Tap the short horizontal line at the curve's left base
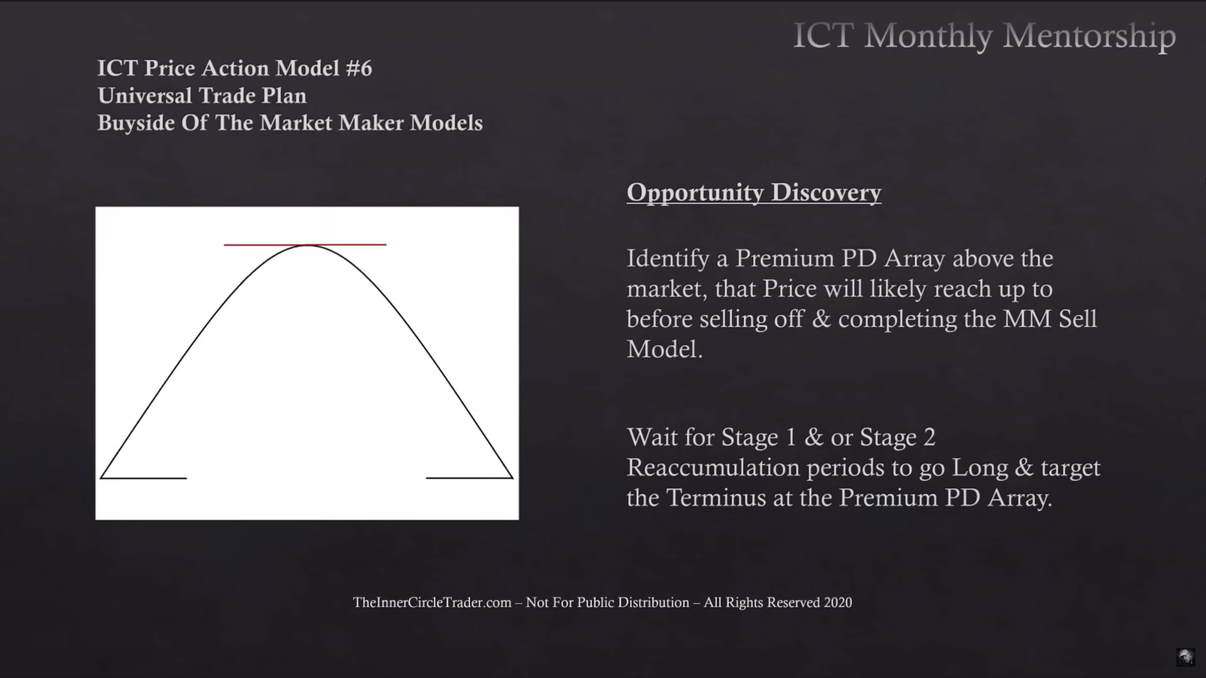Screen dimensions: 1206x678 [x=143, y=478]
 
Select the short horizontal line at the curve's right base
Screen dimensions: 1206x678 [x=469, y=478]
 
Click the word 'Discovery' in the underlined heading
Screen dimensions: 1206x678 [x=826, y=193]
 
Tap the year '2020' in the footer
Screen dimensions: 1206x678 [x=838, y=602]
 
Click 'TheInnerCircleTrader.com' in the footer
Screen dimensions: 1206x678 [x=432, y=602]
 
